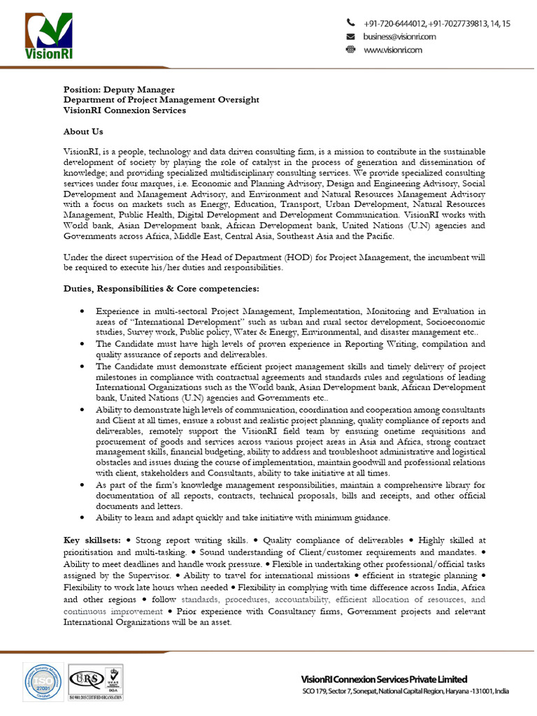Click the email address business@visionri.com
click(400, 36)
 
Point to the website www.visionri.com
click(393, 50)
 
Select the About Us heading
click(83, 131)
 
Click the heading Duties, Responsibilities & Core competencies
click(162, 288)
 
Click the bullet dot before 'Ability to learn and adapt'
click(83, 518)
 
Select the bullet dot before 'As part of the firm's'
click(83, 485)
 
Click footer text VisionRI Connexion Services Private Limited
click(384, 679)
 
